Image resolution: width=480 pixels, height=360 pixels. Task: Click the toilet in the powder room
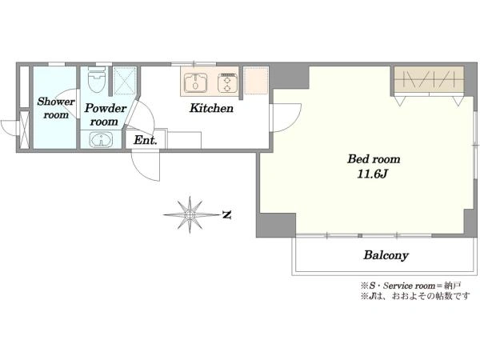coord(97,79)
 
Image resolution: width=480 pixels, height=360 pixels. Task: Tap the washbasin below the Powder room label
coord(102,139)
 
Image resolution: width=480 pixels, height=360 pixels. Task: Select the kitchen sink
coord(196,82)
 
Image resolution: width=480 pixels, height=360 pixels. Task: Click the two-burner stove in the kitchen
coord(228,82)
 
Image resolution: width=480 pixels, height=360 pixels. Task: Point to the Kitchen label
coord(211,108)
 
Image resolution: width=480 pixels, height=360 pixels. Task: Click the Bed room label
coord(374,159)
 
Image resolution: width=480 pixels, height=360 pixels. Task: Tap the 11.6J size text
coord(373,174)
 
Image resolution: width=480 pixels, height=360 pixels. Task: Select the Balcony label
coord(386,255)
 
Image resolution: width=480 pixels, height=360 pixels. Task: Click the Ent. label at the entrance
coord(146,140)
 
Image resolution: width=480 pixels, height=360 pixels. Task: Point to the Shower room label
coord(56,108)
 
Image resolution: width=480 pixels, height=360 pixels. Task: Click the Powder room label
coord(105,114)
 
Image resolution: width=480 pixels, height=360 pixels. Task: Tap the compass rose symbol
coord(190,214)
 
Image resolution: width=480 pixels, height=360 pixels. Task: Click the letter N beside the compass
coord(226,215)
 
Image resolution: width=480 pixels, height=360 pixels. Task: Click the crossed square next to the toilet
coord(124,81)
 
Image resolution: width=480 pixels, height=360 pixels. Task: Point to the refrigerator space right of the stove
coord(256,81)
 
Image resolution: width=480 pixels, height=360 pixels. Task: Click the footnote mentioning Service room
coord(411,286)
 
